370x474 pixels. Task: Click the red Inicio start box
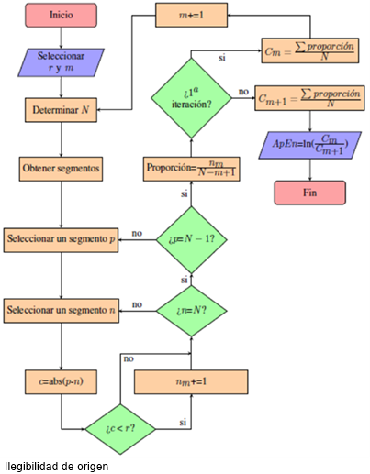(61, 15)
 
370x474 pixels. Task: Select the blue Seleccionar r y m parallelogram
(61, 61)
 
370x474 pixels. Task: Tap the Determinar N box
(61, 109)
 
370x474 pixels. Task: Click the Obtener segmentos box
(61, 169)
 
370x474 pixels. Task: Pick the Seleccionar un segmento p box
(61, 239)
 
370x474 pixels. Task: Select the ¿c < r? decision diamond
(120, 427)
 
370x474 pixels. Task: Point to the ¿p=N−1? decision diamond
(190, 239)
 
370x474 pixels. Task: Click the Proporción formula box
(191, 169)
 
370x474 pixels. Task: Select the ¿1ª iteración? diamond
(191, 98)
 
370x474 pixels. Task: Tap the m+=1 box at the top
(190, 16)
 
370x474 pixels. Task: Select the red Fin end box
(309, 193)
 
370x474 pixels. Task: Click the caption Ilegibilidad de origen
(56, 466)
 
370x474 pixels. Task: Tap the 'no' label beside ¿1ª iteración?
(243, 92)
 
